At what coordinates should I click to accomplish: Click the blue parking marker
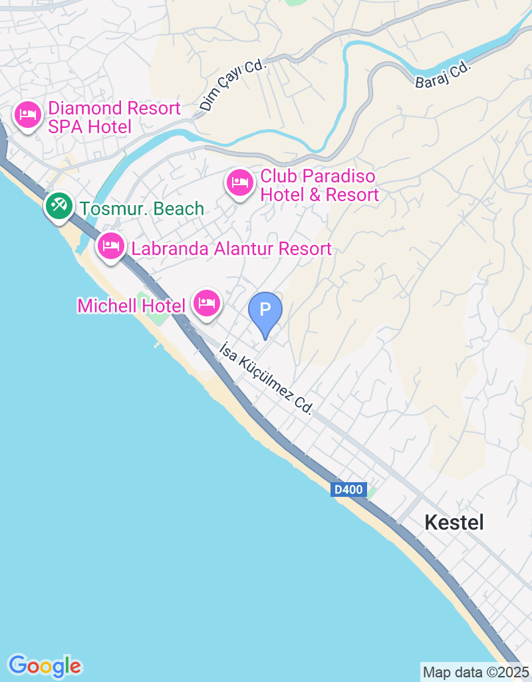pos(265,310)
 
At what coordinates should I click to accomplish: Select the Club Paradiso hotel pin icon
pos(239,182)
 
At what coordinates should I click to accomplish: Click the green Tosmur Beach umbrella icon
pos(59,205)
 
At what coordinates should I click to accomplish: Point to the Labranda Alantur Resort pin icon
pos(110,246)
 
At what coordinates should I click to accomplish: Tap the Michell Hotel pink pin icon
pos(207,303)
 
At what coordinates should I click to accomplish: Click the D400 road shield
pos(348,490)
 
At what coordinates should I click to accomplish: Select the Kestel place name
pos(454,523)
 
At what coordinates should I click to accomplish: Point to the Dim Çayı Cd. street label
pos(233,86)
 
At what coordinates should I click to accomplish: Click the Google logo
pos(45,665)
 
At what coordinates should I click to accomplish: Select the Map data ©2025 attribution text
pos(475,672)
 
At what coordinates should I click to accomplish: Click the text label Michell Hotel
pos(131,306)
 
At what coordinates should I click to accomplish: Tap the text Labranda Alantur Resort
pos(231,249)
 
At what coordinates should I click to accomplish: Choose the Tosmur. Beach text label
pos(142,209)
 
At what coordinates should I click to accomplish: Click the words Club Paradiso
pos(318,176)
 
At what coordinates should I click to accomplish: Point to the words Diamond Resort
pos(114,109)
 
